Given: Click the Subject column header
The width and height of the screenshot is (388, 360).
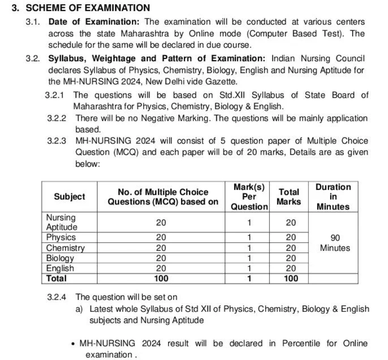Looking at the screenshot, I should [x=69, y=197].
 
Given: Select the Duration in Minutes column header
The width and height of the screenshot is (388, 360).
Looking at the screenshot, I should [x=333, y=197].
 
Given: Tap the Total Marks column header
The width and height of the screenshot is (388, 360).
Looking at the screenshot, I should [x=289, y=197].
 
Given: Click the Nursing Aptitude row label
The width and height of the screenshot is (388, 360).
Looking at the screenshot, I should [x=62, y=222].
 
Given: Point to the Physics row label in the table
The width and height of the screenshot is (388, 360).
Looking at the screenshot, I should [x=61, y=237].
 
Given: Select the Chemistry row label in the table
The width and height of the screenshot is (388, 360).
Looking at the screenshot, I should [x=65, y=248].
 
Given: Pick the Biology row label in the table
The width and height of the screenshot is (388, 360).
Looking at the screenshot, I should [x=60, y=258].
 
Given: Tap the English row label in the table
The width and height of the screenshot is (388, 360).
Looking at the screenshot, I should [x=60, y=268].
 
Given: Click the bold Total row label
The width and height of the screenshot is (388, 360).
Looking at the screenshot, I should [x=57, y=278].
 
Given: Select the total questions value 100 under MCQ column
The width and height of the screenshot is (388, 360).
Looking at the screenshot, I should [x=161, y=278].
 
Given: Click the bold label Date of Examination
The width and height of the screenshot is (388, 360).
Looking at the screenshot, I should [x=94, y=22].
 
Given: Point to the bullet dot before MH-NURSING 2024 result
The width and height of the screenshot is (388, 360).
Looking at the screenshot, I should [x=74, y=344].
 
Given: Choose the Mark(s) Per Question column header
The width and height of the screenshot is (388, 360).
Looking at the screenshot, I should [x=249, y=197].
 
